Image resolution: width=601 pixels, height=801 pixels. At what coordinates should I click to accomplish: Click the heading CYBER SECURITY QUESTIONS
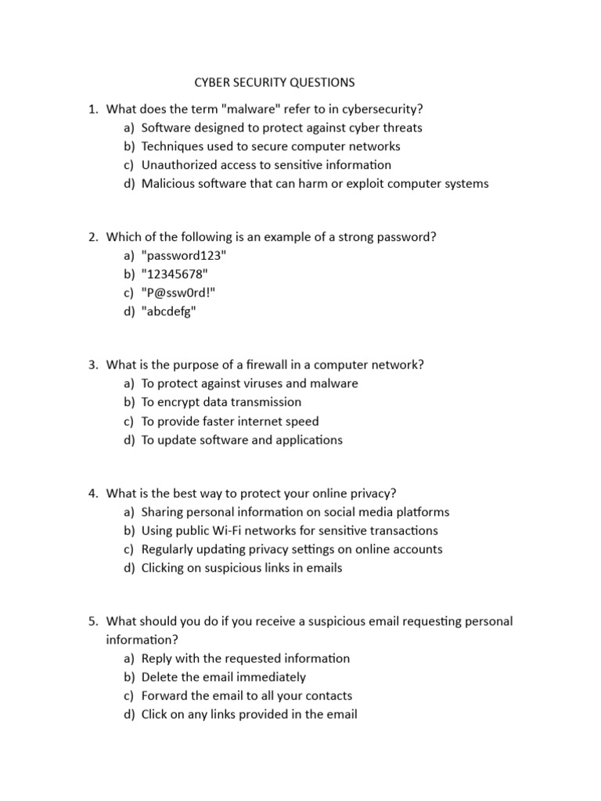[273, 82]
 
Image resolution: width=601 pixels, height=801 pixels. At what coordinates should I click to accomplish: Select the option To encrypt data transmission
[221, 402]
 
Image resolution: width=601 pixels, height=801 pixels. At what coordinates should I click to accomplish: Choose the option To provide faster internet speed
[230, 421]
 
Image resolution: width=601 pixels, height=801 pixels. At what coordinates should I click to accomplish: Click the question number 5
[92, 621]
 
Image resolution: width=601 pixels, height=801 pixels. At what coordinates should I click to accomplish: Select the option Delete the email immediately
[224, 677]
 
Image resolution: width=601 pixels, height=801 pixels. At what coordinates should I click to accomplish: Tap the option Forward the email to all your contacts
[247, 695]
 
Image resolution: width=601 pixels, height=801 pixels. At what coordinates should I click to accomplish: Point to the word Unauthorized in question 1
[179, 165]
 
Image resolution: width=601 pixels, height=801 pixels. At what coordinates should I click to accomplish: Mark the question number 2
[92, 237]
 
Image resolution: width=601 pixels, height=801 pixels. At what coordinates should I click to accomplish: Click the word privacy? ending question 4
[372, 493]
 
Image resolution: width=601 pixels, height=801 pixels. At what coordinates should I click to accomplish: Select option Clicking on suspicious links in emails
[242, 568]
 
